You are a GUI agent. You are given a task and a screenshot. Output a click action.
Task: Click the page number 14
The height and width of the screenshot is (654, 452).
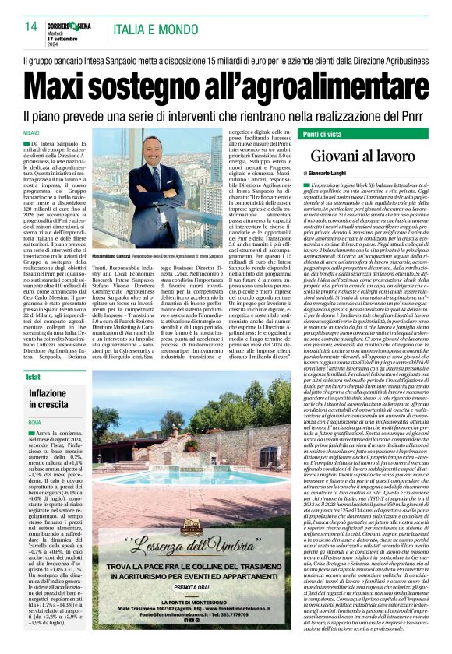click(31, 27)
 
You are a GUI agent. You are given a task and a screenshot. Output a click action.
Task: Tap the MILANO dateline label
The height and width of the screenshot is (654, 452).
click(31, 133)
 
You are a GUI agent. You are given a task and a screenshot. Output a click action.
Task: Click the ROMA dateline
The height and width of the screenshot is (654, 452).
click(34, 422)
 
